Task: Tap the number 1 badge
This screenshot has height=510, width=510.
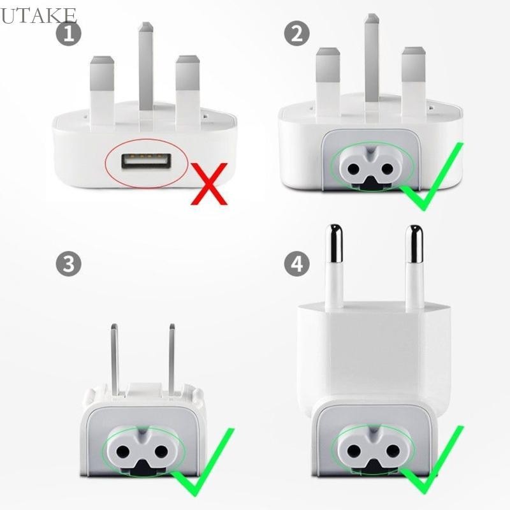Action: click(68, 33)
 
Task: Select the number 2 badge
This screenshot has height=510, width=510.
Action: click(296, 33)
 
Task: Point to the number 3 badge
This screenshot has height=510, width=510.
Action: click(68, 263)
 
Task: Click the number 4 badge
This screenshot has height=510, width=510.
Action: click(296, 263)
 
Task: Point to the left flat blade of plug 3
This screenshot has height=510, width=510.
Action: click(114, 357)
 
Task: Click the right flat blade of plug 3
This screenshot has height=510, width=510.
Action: click(171, 357)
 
